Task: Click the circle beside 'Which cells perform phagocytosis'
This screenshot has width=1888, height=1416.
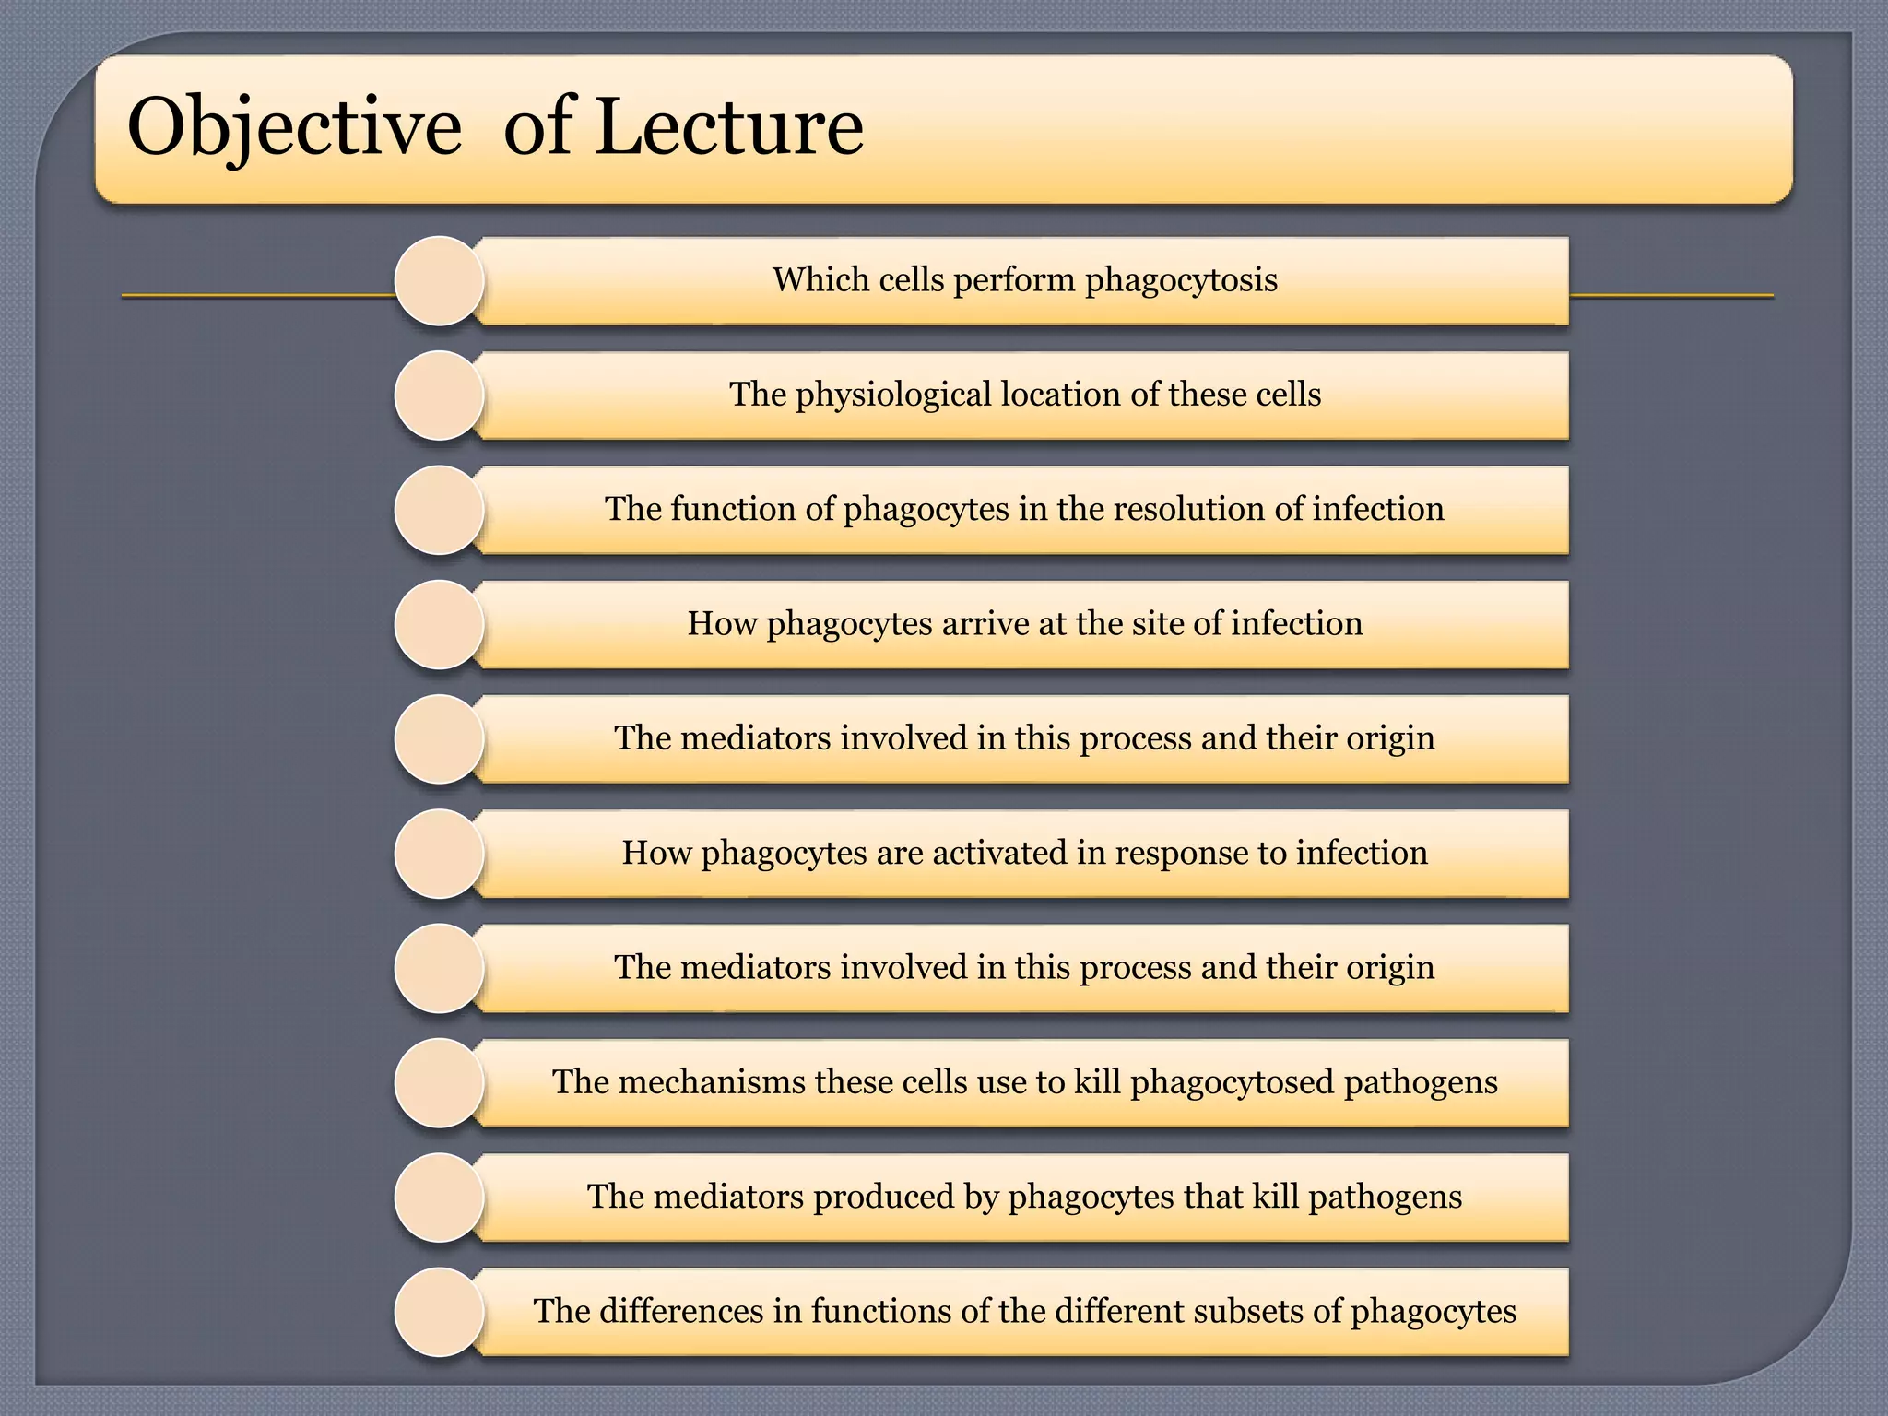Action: pos(440,281)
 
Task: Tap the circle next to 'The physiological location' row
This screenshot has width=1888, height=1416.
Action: pos(440,395)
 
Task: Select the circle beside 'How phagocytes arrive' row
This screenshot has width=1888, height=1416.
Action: pos(440,625)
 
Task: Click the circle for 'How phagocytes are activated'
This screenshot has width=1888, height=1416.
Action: pos(440,854)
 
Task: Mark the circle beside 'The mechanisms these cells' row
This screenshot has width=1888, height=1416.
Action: pos(440,1083)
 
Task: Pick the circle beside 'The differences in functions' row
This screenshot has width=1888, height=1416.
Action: pos(440,1312)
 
